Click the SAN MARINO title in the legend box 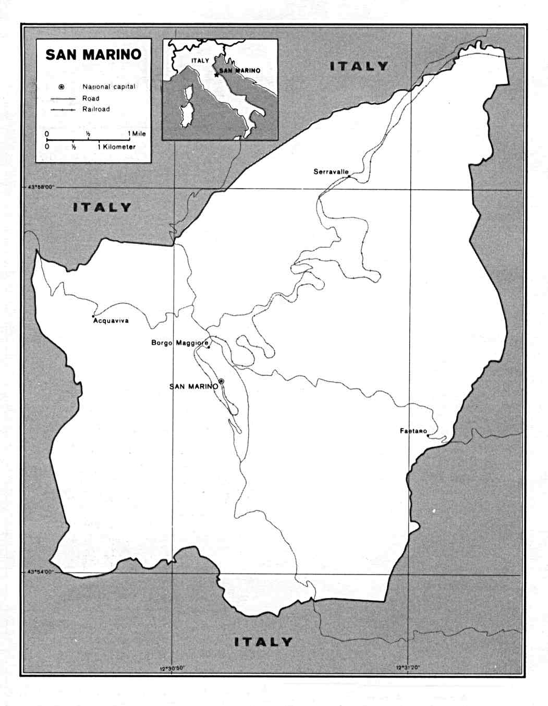(93, 55)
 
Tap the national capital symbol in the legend (62, 87)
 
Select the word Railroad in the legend (96, 109)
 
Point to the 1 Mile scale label (137, 134)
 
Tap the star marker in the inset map (216, 75)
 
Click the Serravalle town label (331, 172)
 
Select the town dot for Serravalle (349, 177)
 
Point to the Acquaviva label (111, 321)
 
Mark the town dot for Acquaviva (93, 316)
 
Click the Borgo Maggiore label (179, 343)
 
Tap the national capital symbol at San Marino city (221, 381)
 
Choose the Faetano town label (413, 431)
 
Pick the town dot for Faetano (428, 435)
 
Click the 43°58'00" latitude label (40, 187)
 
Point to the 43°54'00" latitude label (40, 572)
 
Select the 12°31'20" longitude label (408, 667)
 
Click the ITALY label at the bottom (263, 642)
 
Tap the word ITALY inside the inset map (200, 61)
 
